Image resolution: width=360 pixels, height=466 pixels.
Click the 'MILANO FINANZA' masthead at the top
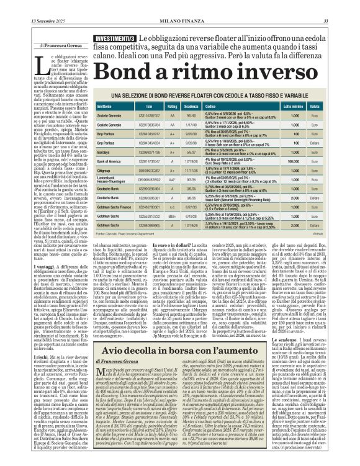pyautogui.click(x=180, y=6)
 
